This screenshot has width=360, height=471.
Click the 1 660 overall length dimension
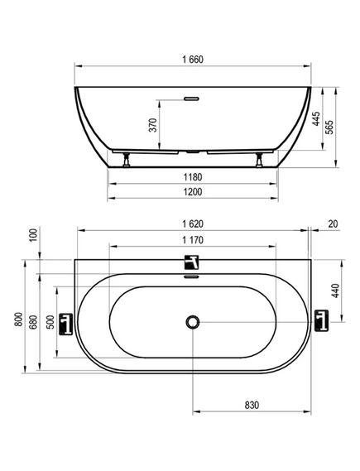[x=193, y=60]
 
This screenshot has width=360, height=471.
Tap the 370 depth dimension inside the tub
[x=153, y=125]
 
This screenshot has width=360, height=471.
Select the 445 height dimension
[x=316, y=118]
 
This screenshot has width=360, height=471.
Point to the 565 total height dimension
[x=329, y=127]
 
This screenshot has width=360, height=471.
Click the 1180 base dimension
[x=193, y=177]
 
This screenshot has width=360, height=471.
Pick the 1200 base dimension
[x=193, y=192]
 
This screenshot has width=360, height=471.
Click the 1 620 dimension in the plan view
[x=193, y=223]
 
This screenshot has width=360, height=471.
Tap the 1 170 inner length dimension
[x=193, y=240]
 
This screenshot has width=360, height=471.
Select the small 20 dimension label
[x=333, y=223]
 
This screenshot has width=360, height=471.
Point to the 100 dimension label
[x=34, y=235]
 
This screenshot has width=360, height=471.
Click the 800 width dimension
[x=18, y=320]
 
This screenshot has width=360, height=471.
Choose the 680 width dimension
[x=33, y=322]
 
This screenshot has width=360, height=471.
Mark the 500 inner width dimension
[x=51, y=322]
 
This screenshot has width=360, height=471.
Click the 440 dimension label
[x=335, y=291]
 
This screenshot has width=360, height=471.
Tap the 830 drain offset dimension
[x=252, y=406]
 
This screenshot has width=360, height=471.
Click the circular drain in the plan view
[x=193, y=322]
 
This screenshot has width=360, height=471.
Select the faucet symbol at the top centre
[x=192, y=262]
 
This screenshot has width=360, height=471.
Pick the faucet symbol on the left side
[x=65, y=324]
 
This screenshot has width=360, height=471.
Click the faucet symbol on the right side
[x=321, y=321]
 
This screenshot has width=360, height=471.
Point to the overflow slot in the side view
[x=191, y=99]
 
